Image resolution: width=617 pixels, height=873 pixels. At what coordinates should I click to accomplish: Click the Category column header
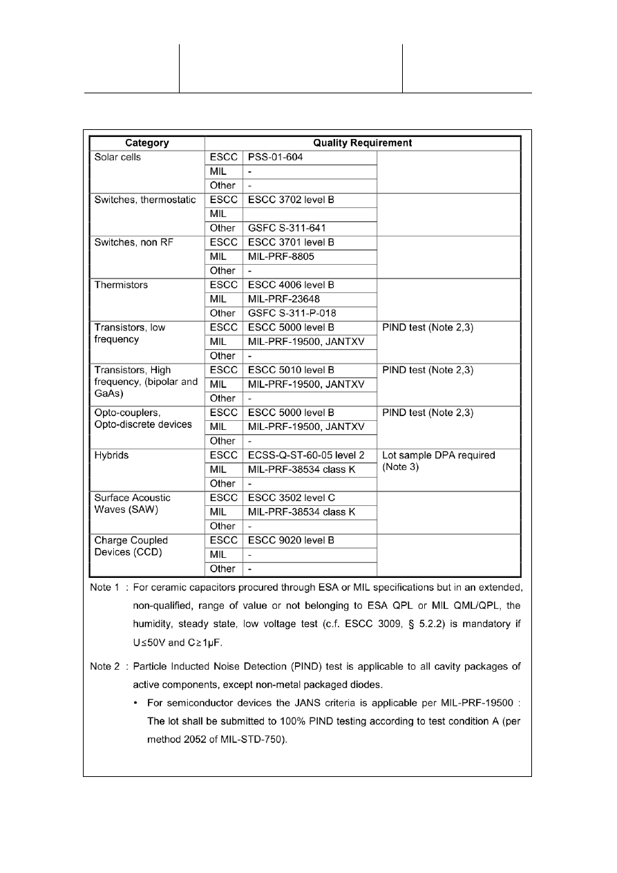pos(147,143)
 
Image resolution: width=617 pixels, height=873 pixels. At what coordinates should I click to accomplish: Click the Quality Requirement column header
pos(363,143)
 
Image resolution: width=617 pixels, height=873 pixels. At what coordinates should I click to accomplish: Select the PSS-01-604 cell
pos(274,158)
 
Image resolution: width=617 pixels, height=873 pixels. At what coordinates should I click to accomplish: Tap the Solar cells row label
pos(117,158)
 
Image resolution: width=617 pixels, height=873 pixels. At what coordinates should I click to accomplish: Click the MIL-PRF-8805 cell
pos(278,256)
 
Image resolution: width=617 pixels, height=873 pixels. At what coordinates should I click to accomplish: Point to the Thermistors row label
pos(121,285)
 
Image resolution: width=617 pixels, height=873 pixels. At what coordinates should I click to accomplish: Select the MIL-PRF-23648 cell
pos(281,299)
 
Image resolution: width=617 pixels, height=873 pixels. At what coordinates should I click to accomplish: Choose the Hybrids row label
pos(111,456)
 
